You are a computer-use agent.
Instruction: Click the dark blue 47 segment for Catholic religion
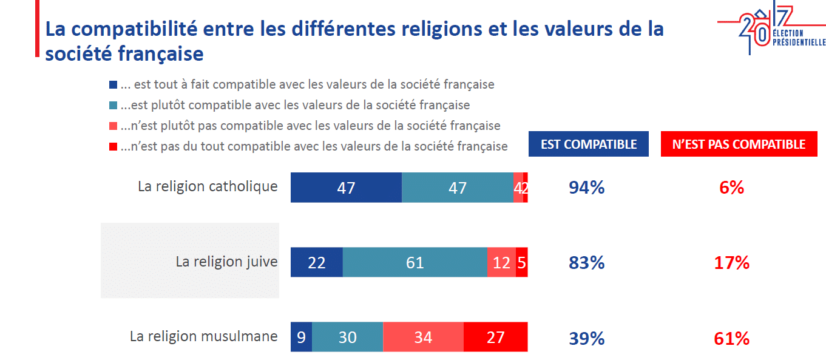(346, 188)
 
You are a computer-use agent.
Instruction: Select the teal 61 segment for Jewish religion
(415, 262)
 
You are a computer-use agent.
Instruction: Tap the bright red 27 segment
(495, 337)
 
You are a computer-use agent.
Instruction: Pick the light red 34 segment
(423, 337)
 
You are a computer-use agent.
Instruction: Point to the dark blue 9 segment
(301, 337)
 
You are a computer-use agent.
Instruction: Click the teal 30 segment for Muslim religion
(347, 337)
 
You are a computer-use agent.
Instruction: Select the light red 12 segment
(501, 262)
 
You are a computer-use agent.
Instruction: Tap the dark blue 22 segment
(317, 262)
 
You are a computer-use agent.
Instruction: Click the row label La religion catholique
(208, 186)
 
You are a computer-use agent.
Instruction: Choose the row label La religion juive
(226, 262)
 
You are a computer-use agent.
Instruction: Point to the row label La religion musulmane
(203, 336)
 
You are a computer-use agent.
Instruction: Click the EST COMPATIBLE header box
(589, 144)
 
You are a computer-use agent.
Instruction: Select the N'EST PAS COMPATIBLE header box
(739, 144)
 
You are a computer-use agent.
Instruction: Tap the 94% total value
(586, 188)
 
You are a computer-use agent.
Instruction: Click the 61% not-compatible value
(732, 338)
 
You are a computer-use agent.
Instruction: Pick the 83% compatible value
(586, 263)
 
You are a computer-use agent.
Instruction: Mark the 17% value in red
(732, 263)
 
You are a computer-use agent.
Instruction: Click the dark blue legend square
(113, 85)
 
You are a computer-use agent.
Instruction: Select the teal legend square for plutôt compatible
(113, 106)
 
